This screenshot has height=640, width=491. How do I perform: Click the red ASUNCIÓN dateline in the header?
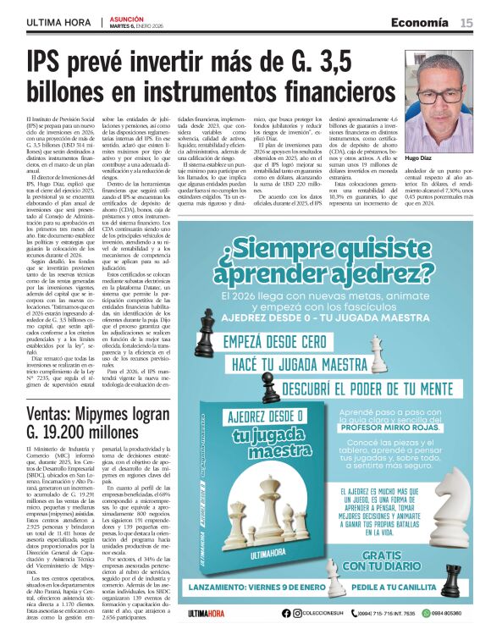pyautogui.click(x=126, y=18)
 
